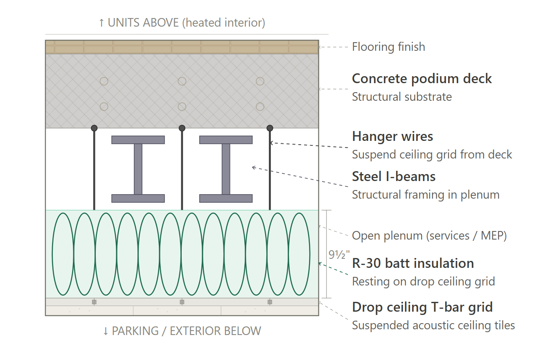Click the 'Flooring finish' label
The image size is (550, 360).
click(x=388, y=47)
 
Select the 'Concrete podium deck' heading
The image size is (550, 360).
click(x=422, y=79)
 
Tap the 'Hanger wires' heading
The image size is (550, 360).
click(x=392, y=136)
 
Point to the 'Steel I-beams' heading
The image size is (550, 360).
click(x=394, y=177)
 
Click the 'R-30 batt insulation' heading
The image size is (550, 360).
click(x=413, y=263)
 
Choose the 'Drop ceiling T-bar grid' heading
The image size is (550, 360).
click(x=422, y=307)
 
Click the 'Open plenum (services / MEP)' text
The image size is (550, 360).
click(x=429, y=235)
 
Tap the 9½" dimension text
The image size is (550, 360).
click(x=339, y=255)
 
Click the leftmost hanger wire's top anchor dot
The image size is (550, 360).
click(x=94, y=128)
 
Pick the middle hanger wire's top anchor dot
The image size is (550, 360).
click(x=182, y=128)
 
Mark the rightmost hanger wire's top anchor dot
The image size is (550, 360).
click(x=270, y=128)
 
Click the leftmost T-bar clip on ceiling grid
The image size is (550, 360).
click(x=94, y=302)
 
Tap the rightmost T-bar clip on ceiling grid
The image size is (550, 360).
click(x=270, y=302)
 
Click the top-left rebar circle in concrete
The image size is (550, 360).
click(x=104, y=77)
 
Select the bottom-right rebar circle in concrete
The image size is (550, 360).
click(x=260, y=103)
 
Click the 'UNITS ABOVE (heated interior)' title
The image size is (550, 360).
click(x=182, y=23)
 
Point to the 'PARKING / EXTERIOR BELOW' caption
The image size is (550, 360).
click(x=182, y=331)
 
